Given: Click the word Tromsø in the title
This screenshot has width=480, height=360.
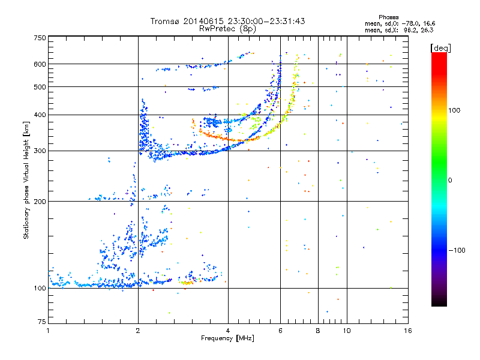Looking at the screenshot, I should tap(167, 21).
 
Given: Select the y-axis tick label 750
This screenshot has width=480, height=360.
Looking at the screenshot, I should tap(40, 38).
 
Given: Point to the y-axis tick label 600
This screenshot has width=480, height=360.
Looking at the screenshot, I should tap(40, 64).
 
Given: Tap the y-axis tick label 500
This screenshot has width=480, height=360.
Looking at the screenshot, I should tap(40, 86).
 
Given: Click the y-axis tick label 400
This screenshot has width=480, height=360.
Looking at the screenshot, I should tap(40, 115).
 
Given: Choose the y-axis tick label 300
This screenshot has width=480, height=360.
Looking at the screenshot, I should tap(40, 151).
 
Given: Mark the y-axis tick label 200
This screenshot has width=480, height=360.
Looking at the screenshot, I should tap(40, 201).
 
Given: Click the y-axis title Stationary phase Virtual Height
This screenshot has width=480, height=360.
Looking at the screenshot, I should tap(27, 180).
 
